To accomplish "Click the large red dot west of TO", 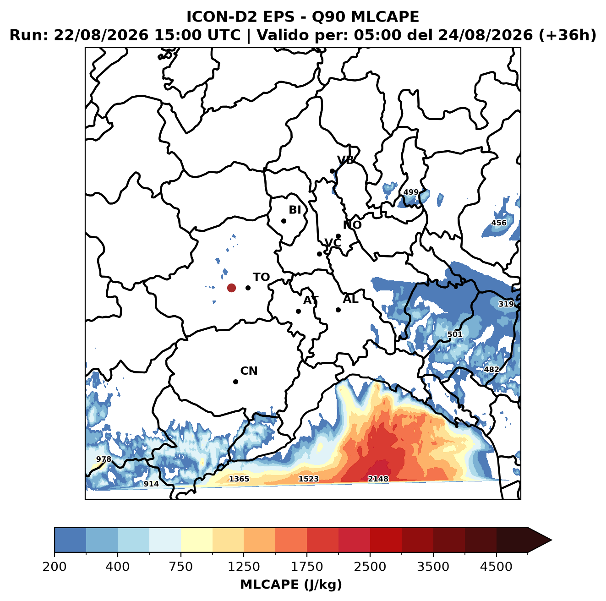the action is pos(231,288).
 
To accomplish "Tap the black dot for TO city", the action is pos(248,288).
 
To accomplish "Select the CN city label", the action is pos(249,371).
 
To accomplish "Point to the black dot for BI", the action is pos(284,221).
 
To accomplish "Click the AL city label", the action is pos(350,299).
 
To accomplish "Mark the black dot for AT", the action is pos(299,311).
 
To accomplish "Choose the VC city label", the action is pos(333,243).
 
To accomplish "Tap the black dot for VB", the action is pos(333,171).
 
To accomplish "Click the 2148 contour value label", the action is pos(378,479).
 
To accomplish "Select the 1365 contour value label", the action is pos(239,479).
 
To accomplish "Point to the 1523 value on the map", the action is pos(309,479).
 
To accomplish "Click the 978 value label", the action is pos(104,459).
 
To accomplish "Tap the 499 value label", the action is pos(411,192).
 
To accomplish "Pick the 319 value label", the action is pos(506,304).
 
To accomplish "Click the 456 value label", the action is pos(499,223).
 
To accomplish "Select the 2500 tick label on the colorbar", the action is pos(370,567).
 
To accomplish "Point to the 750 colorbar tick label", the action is pos(181,567).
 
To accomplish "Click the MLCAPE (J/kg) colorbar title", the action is pos(291,585).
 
